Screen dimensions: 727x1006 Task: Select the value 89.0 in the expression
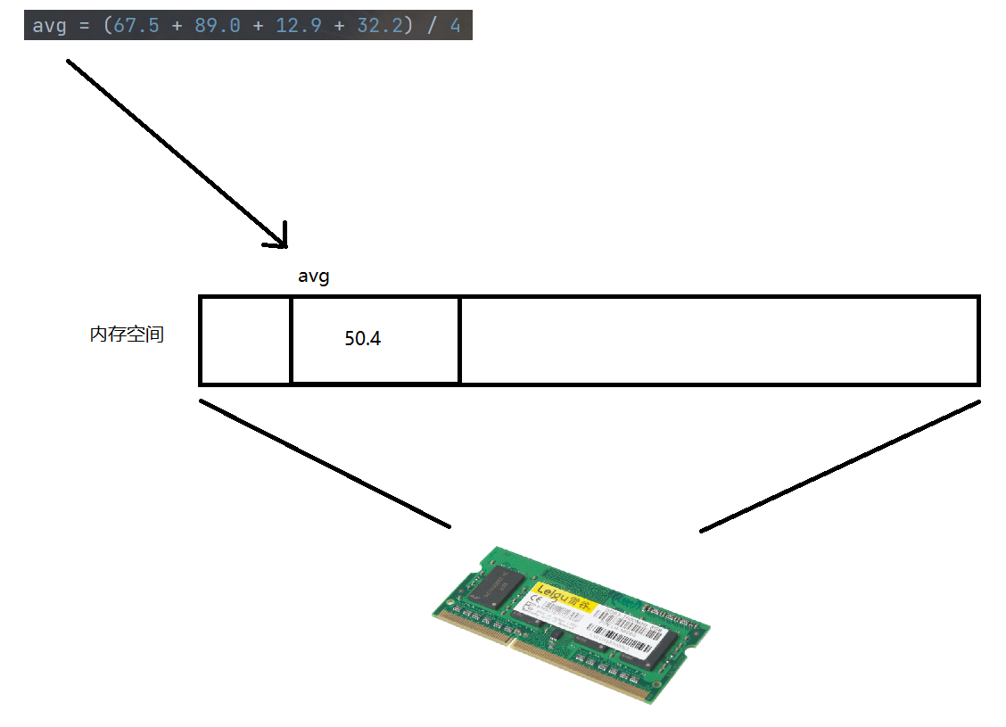[217, 26]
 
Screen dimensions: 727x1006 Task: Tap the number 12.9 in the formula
[298, 26]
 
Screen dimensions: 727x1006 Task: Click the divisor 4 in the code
[455, 26]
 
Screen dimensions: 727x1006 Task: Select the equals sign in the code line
[83, 26]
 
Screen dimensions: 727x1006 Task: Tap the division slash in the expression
[432, 26]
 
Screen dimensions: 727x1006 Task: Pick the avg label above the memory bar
[313, 277]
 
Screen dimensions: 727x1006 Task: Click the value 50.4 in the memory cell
[362, 340]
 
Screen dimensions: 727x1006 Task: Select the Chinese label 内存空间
[127, 335]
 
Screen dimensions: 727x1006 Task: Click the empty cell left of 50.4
[245, 340]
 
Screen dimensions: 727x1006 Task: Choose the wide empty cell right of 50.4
[719, 340]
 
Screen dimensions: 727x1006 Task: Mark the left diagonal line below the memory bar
[325, 463]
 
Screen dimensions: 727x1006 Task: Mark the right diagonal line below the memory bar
[840, 466]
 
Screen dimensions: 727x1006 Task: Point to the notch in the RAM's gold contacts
[510, 640]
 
